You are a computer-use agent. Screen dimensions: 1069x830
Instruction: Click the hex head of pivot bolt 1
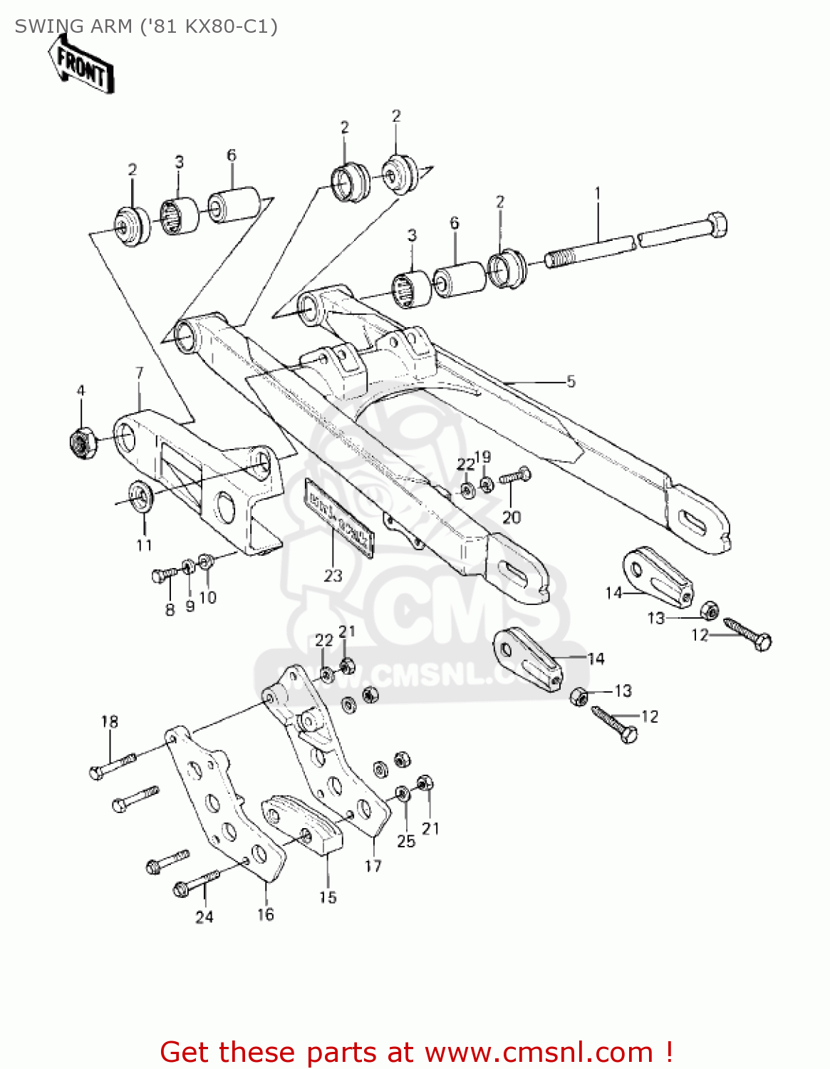[x=716, y=224]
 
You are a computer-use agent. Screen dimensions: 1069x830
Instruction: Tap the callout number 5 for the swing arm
[x=571, y=381]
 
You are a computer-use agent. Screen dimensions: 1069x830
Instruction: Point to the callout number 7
[x=140, y=373]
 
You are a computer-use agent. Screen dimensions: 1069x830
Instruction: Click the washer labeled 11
[x=140, y=495]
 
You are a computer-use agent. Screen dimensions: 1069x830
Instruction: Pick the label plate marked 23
[x=339, y=515]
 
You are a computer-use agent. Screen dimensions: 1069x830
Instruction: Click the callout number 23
[x=333, y=576]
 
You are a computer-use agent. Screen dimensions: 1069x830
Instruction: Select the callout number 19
[x=482, y=457]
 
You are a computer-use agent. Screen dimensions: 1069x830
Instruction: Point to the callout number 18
[x=109, y=721]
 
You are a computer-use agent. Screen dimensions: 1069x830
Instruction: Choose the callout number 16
[x=265, y=914]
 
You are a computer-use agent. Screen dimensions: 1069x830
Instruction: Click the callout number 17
[x=373, y=866]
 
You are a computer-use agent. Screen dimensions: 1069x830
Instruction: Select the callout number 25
[x=405, y=841]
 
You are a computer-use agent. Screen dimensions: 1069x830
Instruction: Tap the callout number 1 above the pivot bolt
[x=597, y=193]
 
